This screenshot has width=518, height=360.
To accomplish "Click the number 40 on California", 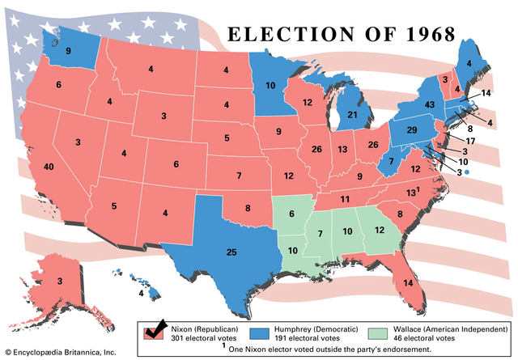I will pyautogui.click(x=49, y=167).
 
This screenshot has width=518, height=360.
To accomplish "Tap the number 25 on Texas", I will pyautogui.click(x=231, y=253).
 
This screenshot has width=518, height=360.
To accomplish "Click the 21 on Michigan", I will pyautogui.click(x=352, y=116).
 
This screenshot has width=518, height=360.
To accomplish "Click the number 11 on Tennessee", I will pyautogui.click(x=344, y=199).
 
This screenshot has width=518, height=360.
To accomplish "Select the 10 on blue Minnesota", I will pyautogui.click(x=270, y=86).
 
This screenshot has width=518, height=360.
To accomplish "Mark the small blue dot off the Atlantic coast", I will pyautogui.click(x=467, y=172).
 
